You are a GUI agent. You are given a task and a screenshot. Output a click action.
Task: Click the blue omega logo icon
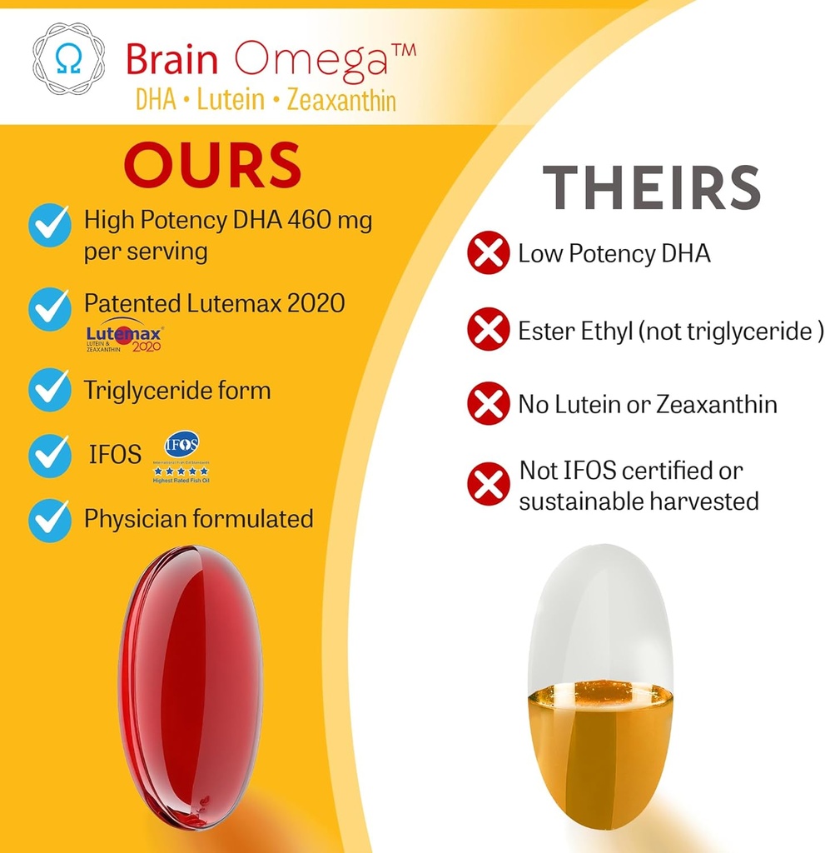(x=68, y=58)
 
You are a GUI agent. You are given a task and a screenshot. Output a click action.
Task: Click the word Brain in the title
(x=172, y=59)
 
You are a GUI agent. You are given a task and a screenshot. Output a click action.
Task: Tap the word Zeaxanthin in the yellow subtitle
(x=340, y=102)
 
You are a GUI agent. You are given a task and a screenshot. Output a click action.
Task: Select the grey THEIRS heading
(x=652, y=188)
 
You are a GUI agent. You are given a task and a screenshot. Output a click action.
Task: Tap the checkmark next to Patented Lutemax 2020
(x=50, y=309)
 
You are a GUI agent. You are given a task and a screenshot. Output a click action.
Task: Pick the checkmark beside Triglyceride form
(x=50, y=390)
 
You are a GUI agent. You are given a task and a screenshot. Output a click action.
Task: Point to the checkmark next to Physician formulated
(x=50, y=520)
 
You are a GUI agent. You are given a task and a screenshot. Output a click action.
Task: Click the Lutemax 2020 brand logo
(x=125, y=336)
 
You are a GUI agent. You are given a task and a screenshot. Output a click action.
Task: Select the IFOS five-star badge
(x=181, y=458)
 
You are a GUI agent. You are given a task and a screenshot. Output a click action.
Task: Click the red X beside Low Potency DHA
(x=488, y=253)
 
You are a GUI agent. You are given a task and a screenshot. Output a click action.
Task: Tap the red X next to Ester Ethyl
(x=488, y=331)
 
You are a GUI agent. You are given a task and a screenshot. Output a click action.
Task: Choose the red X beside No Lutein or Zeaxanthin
(x=488, y=405)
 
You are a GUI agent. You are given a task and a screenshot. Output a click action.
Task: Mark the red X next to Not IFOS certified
(x=488, y=485)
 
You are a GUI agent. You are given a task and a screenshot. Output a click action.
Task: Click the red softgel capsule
(x=191, y=687)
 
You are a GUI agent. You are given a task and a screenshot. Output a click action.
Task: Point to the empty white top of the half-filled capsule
(x=599, y=616)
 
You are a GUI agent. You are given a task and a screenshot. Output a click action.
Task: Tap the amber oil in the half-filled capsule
(x=599, y=750)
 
